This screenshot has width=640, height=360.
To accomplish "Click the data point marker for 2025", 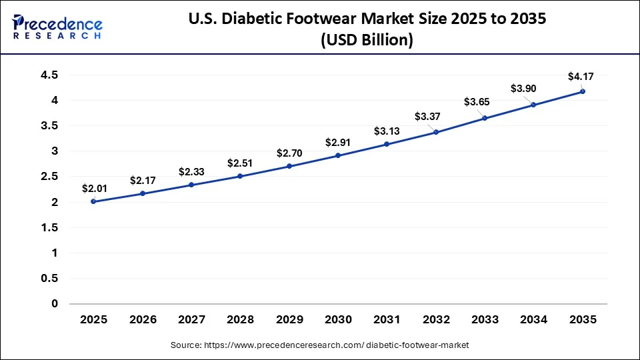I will (93, 201).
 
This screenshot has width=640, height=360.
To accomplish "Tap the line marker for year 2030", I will (338, 155).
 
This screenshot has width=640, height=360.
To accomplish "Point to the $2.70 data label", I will (289, 153).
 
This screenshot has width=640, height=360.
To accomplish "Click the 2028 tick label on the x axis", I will (240, 320).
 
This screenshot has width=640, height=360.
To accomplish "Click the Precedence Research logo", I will (57, 27).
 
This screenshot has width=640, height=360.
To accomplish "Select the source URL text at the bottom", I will (319, 345).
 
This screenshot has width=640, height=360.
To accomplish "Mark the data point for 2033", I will (485, 118).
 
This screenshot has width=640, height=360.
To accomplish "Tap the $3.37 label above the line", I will (427, 117).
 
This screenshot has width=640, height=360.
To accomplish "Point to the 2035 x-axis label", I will (582, 320).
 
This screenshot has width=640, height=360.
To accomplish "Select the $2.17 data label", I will (143, 180).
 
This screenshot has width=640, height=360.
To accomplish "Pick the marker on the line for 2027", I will (191, 185).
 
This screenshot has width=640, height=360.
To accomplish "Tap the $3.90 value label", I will (524, 88).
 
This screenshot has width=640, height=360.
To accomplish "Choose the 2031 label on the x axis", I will (387, 320).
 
